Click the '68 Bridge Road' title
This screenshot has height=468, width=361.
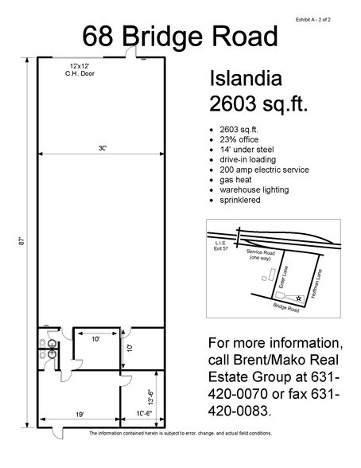(180, 36)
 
